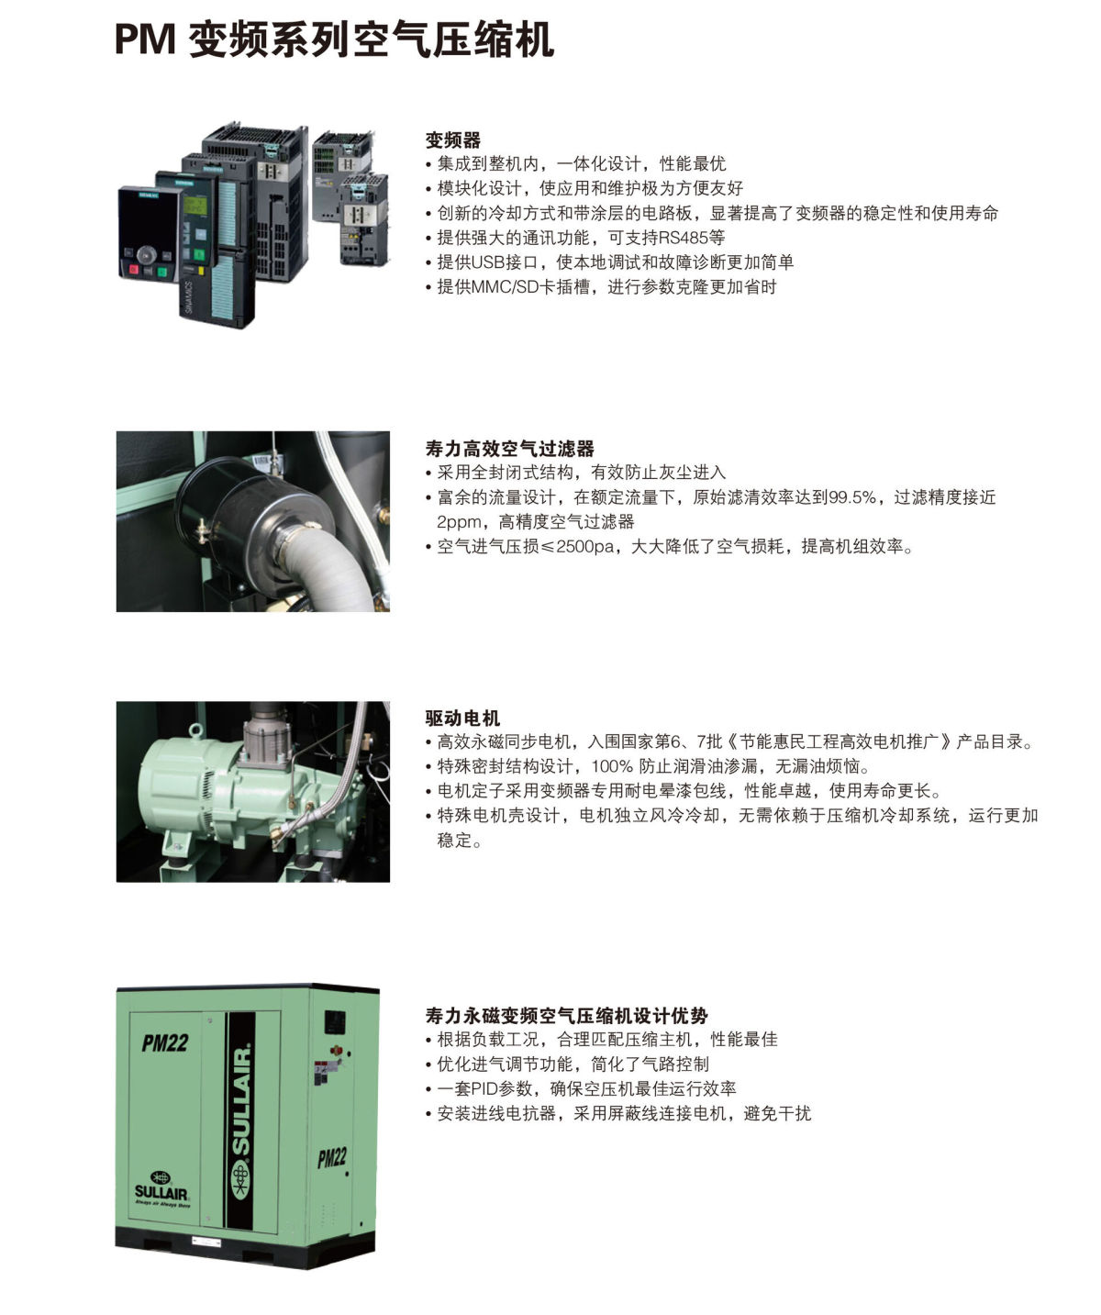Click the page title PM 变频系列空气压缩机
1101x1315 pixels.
334,41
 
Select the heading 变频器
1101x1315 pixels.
452,140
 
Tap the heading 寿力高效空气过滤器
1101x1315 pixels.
509,449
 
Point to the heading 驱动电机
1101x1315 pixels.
462,718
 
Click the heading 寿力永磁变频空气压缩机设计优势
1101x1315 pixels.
566,1016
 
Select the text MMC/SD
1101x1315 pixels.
509,287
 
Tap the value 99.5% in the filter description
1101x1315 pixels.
852,497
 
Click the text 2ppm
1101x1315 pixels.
459,522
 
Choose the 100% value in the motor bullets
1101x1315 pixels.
612,766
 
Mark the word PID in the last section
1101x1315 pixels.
487,1089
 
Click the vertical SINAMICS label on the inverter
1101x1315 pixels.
190,298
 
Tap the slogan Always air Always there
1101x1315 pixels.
162,1203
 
